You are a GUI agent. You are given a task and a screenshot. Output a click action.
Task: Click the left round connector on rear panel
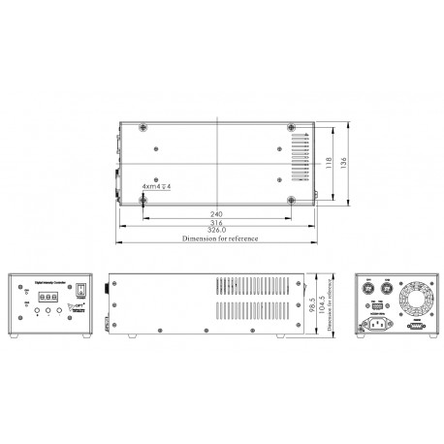click(x=368, y=289)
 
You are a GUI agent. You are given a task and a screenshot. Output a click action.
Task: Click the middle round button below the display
click(x=47, y=311)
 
